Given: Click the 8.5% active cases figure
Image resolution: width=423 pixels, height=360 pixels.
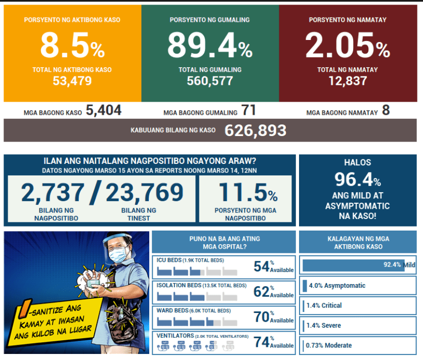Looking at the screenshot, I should pos(72,47).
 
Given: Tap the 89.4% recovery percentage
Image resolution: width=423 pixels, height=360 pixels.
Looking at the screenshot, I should pos(209,47).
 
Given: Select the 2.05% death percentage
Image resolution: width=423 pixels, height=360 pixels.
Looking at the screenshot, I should pos(347,47).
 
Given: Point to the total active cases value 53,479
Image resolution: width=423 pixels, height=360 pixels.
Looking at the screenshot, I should pos(72,81).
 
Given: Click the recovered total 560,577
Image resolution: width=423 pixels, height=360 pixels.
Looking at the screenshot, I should pos(209,81).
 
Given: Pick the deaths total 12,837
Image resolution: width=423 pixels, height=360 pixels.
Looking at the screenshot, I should pos(347,81).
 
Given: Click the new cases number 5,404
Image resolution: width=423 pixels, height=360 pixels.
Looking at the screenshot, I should pos(104,111).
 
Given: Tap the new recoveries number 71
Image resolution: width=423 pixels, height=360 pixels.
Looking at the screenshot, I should pos(248,111).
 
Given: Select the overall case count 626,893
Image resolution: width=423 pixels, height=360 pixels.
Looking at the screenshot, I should pos(255,130).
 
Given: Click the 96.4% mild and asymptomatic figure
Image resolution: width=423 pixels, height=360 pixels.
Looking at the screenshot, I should pos(357,180).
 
